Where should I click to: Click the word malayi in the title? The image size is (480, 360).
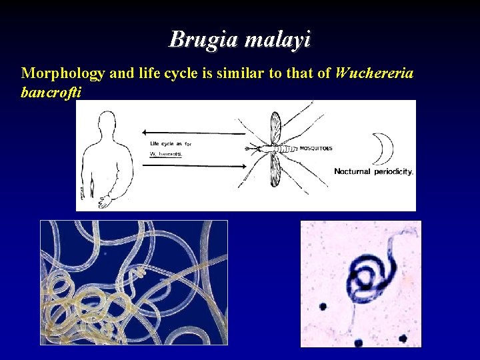[277, 40]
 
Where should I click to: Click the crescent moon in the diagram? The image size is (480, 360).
[382, 148]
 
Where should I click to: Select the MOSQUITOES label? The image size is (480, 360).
[315, 148]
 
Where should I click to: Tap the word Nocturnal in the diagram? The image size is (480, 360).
[353, 171]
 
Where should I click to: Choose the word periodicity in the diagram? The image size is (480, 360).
[394, 171]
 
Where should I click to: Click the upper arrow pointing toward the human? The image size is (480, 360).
[193, 133]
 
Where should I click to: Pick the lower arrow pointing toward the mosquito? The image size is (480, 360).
[193, 165]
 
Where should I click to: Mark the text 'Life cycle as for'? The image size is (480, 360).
[170, 144]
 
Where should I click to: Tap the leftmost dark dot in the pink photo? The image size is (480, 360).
[323, 307]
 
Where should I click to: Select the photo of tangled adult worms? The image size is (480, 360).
[133, 282]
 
